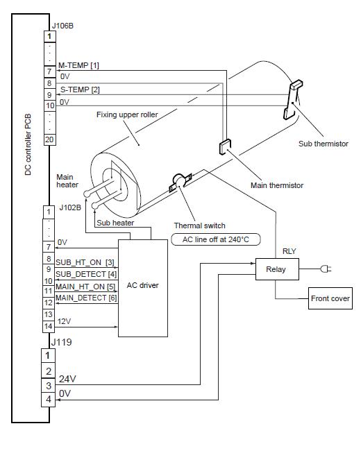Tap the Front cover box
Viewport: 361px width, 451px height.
pos(330,300)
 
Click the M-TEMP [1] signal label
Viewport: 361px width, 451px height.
pos(79,65)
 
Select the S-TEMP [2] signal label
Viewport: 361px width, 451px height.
pos(80,90)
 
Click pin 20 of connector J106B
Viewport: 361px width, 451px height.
pos(49,139)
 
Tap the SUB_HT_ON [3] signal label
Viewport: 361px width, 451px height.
pos(85,262)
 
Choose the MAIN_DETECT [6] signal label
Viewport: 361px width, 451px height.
pos(86,298)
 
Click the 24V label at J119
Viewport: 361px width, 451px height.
pos(68,380)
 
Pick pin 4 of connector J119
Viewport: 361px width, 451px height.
pos(49,400)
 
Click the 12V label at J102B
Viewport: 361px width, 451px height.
pos(65,321)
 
